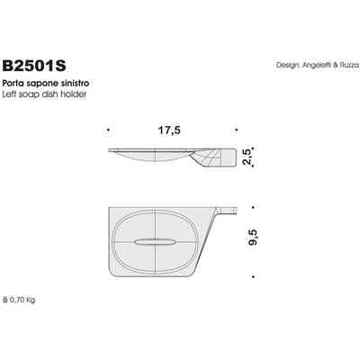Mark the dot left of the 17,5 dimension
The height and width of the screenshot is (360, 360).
(108, 130)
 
